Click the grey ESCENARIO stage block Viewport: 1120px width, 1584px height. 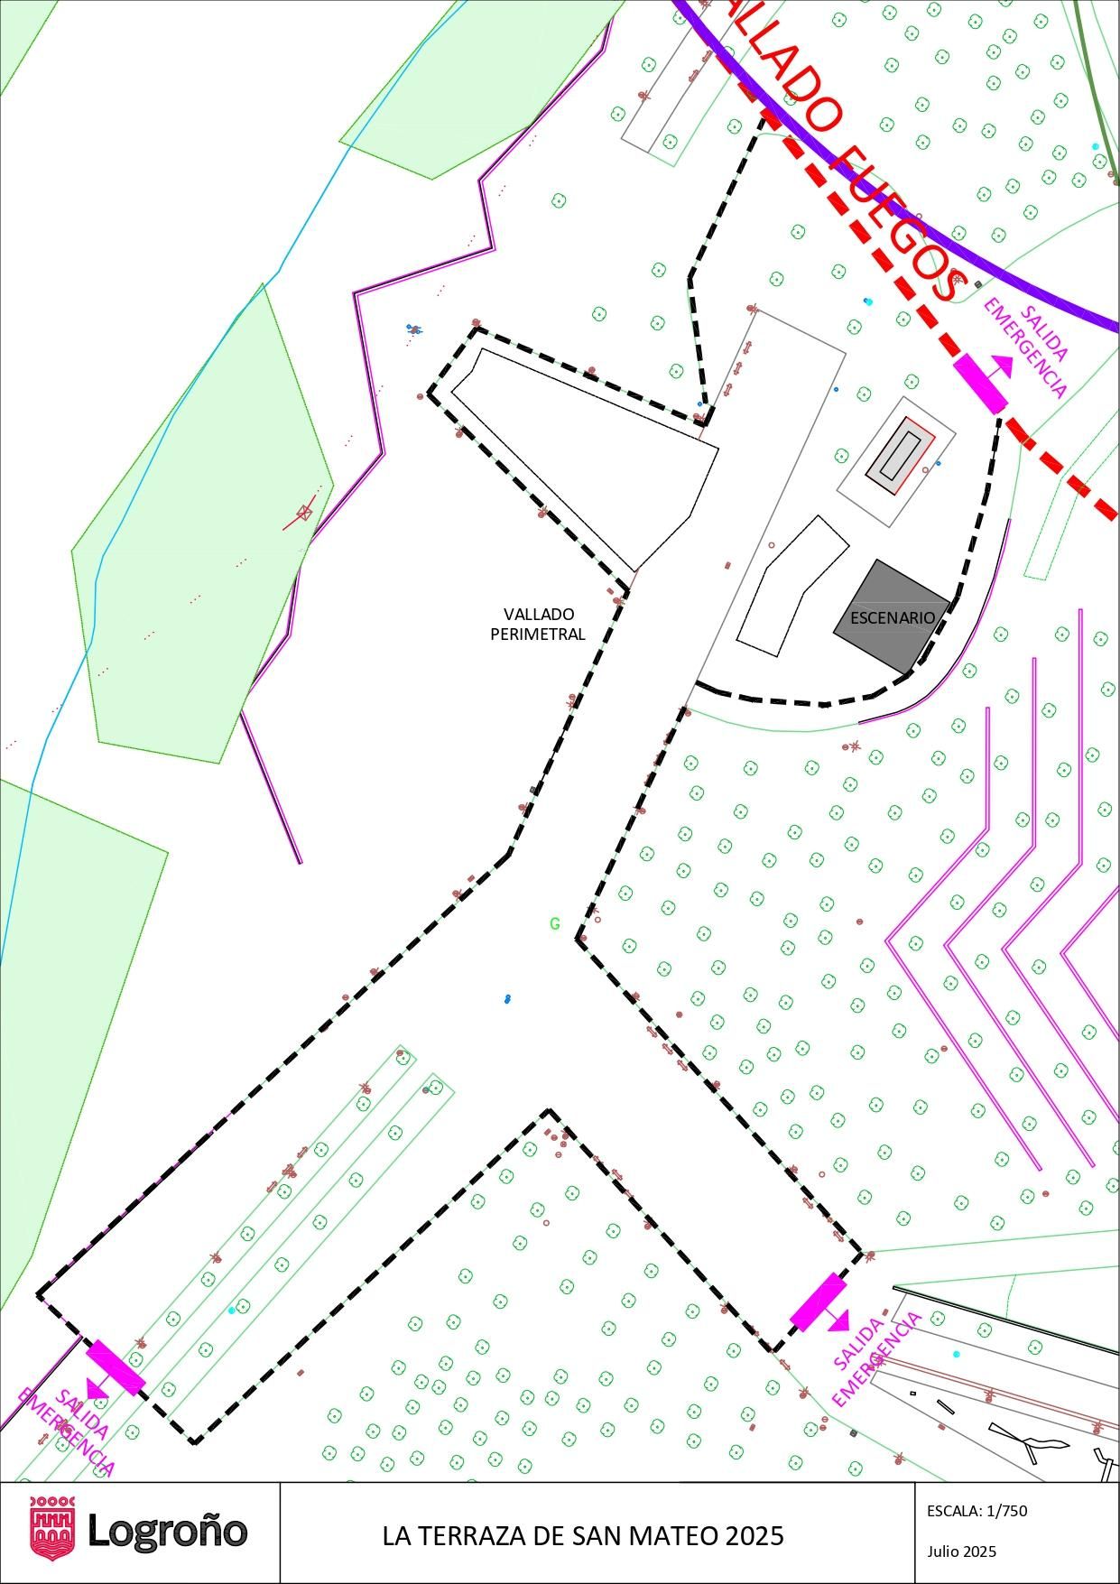click(891, 616)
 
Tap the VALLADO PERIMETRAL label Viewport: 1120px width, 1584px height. click(538, 625)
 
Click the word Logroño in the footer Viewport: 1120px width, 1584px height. click(167, 1531)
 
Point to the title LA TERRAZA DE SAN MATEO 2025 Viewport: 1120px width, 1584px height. click(583, 1535)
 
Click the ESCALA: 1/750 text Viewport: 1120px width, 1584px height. click(977, 1511)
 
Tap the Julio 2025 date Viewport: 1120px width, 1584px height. click(961, 1552)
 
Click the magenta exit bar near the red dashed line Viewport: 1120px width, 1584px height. click(980, 384)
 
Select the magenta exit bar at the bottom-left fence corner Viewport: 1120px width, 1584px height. click(116, 1367)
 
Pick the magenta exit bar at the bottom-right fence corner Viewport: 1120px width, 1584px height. click(818, 1302)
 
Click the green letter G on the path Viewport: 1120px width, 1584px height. click(555, 923)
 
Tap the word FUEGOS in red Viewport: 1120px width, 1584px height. click(898, 224)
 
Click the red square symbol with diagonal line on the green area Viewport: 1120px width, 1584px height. click(304, 513)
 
